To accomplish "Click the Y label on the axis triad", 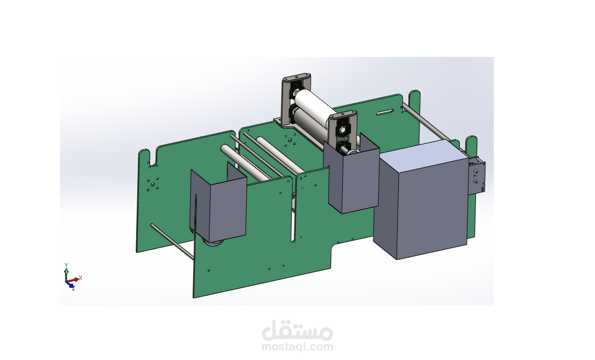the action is tap(67, 265).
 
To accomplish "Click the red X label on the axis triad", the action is tap(80, 278).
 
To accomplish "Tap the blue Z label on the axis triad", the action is tap(73, 288).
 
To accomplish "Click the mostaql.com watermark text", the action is tap(297, 346).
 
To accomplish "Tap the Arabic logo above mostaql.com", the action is tap(297, 331).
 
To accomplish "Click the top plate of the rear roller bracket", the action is tap(296, 78).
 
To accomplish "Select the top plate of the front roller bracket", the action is tap(343, 114).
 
